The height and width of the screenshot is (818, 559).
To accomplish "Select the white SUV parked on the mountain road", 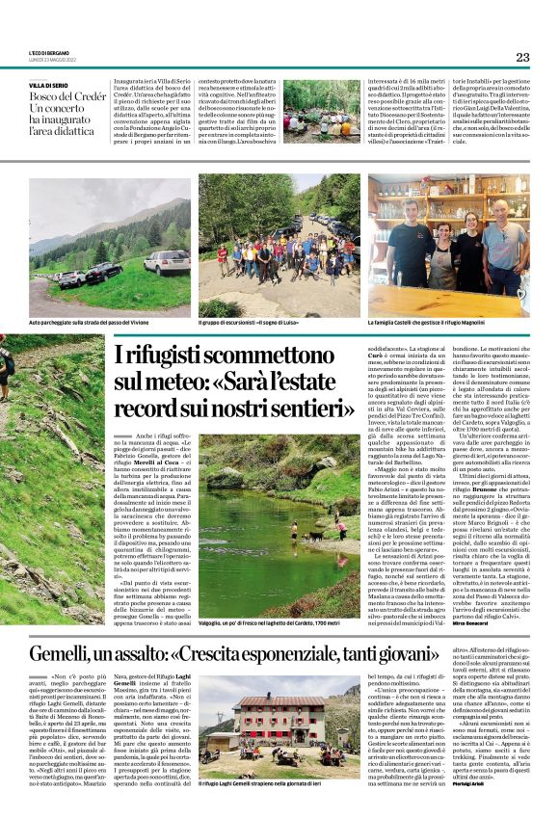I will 166,262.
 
